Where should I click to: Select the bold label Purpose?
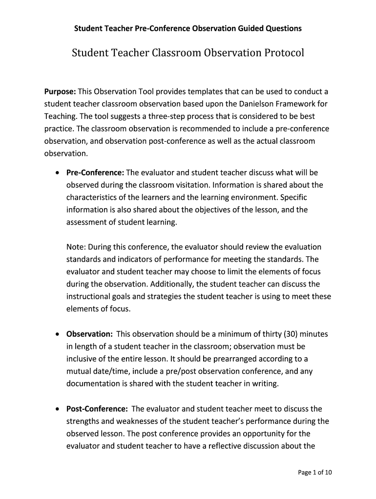coord(60,92)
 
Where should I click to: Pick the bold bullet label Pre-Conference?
coord(96,173)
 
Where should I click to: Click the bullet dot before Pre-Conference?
coord(58,173)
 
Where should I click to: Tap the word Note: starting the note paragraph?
coord(76,247)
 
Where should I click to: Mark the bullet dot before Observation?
coord(58,335)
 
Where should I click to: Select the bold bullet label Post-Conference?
coord(97,409)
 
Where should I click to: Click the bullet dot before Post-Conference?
coord(58,409)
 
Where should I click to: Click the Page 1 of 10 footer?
coord(314,472)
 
